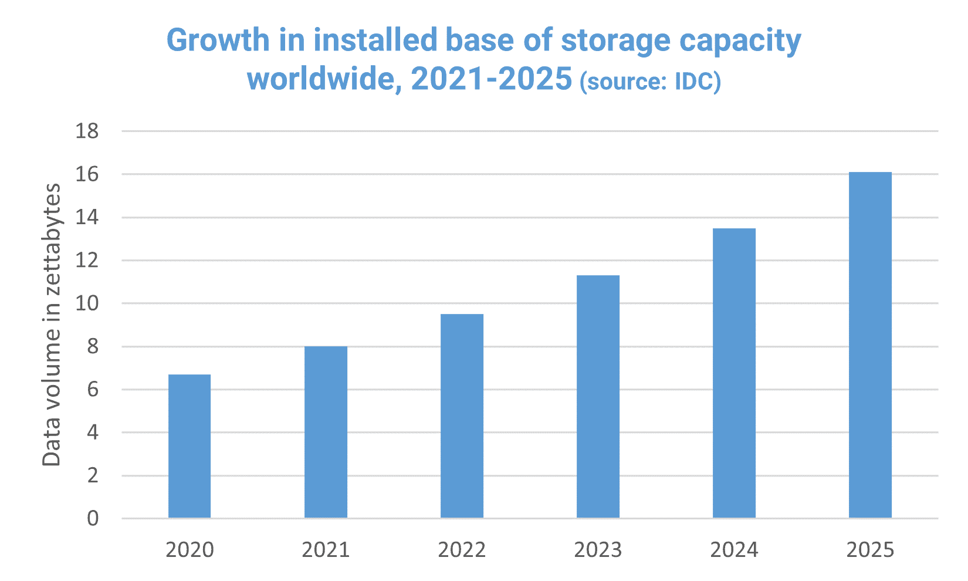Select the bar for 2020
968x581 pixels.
(x=189, y=446)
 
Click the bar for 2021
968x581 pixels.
(x=326, y=432)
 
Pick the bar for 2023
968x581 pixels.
(x=598, y=396)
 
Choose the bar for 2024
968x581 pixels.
(x=734, y=373)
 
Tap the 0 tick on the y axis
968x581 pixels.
(x=93, y=519)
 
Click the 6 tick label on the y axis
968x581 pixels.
(x=93, y=390)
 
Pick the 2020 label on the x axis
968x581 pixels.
(x=189, y=550)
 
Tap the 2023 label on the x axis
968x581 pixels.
(x=598, y=550)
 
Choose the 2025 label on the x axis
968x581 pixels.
(x=870, y=550)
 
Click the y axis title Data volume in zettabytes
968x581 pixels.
(x=52, y=325)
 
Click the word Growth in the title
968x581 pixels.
(x=218, y=41)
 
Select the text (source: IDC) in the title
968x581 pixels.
(x=650, y=81)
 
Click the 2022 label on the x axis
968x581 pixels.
(x=462, y=550)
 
